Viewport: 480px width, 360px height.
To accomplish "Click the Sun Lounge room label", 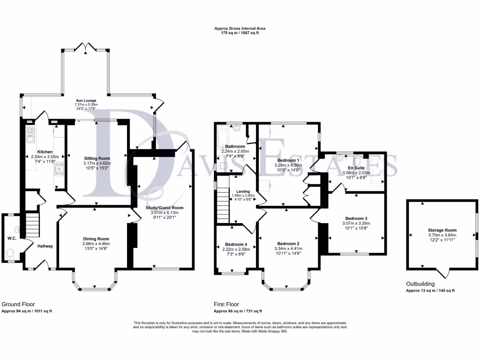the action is pos(86,100).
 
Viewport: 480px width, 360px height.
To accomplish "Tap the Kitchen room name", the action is pos(45,152).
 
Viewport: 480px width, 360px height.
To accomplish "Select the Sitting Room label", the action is pos(97,158).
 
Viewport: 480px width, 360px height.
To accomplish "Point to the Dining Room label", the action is pos(96,239).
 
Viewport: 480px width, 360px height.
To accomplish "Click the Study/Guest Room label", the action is pos(165,208).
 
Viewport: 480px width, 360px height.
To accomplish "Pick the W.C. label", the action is pos(12,238).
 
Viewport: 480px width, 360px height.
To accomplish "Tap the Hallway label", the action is pos(45,246).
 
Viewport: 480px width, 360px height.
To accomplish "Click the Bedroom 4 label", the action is pos(236,244).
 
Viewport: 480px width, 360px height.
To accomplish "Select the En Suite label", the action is pos(356,168).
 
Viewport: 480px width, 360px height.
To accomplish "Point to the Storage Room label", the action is pos(442,230).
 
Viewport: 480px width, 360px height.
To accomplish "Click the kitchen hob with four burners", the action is pos(59,169).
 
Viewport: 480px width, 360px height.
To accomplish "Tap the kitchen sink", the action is pos(30,135).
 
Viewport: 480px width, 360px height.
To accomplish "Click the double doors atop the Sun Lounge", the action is pos(86,48).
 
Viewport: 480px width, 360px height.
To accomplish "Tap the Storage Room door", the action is pos(443,273).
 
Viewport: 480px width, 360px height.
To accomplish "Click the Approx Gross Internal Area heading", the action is pos(240,28).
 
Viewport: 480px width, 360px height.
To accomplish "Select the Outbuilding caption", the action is pos(420,284).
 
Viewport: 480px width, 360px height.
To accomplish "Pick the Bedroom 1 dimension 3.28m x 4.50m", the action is pos(288,165).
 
